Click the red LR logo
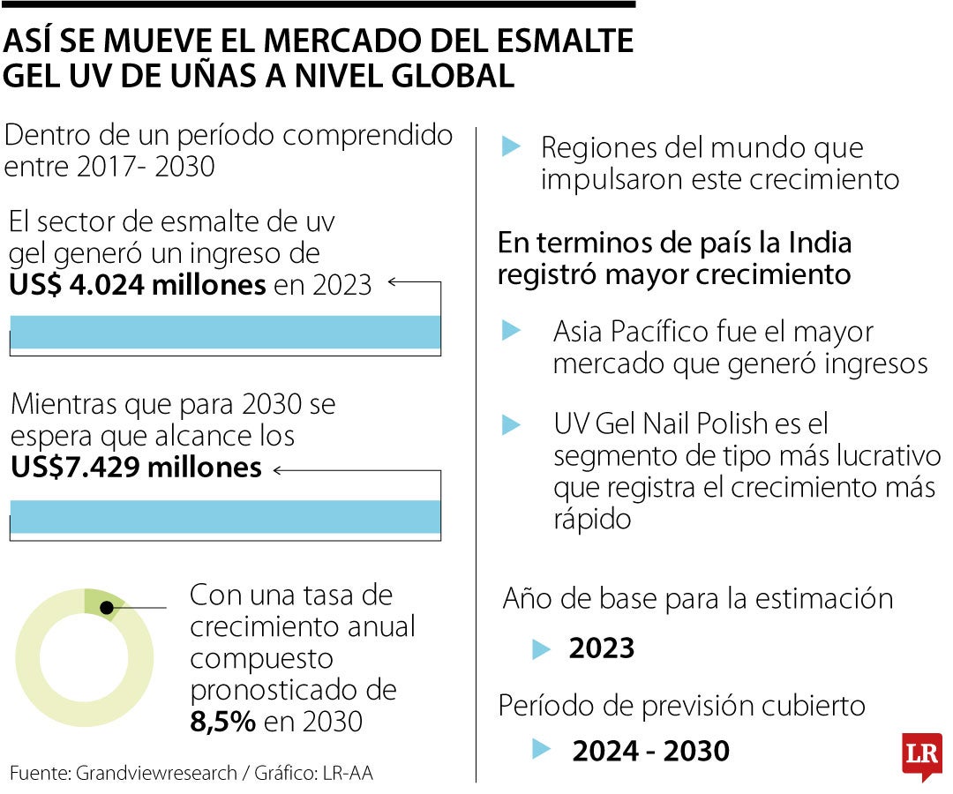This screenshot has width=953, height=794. [921, 756]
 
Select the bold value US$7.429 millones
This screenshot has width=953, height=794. [137, 467]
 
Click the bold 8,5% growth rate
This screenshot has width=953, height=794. [223, 721]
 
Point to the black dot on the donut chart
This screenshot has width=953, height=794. [107, 607]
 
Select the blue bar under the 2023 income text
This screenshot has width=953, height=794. [225, 333]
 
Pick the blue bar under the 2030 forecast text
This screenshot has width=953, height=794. [225, 516]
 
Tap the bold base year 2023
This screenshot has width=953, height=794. [602, 648]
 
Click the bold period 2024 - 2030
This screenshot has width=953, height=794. [651, 751]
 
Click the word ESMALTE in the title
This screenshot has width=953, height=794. [557, 41]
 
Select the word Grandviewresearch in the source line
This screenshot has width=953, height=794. [156, 773]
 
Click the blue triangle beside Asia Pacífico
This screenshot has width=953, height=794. [511, 332]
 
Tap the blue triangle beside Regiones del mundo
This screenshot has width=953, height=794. [511, 147]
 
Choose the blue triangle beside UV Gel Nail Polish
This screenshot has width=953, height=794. [511, 425]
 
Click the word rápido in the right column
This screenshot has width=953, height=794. [592, 519]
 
